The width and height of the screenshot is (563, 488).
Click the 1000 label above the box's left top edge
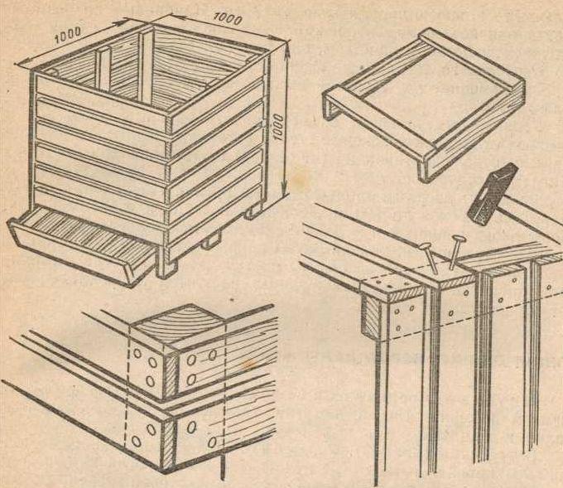click(68, 35)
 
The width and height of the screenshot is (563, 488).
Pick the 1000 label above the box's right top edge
click(228, 18)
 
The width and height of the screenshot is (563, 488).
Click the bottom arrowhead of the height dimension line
click(284, 190)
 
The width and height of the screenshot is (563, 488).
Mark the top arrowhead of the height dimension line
click(287, 49)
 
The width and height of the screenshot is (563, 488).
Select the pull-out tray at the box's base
click(83, 244)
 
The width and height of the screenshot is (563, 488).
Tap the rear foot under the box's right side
click(253, 212)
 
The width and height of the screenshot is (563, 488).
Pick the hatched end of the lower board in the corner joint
click(168, 444)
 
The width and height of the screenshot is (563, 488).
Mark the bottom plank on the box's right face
click(215, 225)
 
